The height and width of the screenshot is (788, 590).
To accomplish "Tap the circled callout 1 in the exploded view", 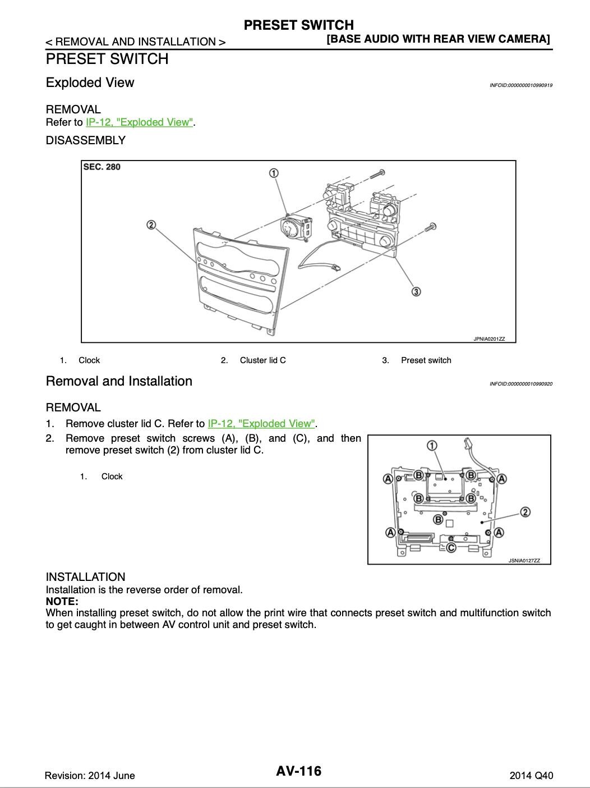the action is coord(274,173).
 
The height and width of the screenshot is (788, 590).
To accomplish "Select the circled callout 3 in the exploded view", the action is coord(416,291).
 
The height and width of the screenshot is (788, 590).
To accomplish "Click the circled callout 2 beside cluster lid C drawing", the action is coord(151,225).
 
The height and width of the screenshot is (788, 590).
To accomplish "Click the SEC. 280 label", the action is coord(102,167).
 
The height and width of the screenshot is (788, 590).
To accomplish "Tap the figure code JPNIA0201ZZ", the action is coord(489,339).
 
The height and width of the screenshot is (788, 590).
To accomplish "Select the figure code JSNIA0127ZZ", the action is coord(524,560).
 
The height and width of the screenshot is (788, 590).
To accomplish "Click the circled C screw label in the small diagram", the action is coord(451,547).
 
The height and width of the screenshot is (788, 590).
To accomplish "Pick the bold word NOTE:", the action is coord(62,601).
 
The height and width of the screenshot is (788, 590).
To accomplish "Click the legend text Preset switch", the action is coord(426,360).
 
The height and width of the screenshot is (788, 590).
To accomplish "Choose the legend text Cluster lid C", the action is coord(263,360).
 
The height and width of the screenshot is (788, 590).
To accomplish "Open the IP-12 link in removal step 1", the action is coord(261,424).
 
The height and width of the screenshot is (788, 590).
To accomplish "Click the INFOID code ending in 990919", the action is coord(521,85).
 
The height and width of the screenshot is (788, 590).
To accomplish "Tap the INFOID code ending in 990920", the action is coord(521,384).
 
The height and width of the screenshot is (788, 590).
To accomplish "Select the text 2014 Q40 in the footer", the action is coord(531,776).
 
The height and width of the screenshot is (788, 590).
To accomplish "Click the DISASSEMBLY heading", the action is coord(86,140).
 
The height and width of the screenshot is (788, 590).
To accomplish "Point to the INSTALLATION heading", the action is coord(86,577).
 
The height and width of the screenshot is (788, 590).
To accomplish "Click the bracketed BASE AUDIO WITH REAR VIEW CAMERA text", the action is coord(438,39).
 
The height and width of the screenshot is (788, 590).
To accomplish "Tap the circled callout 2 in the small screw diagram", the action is coord(525,512).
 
